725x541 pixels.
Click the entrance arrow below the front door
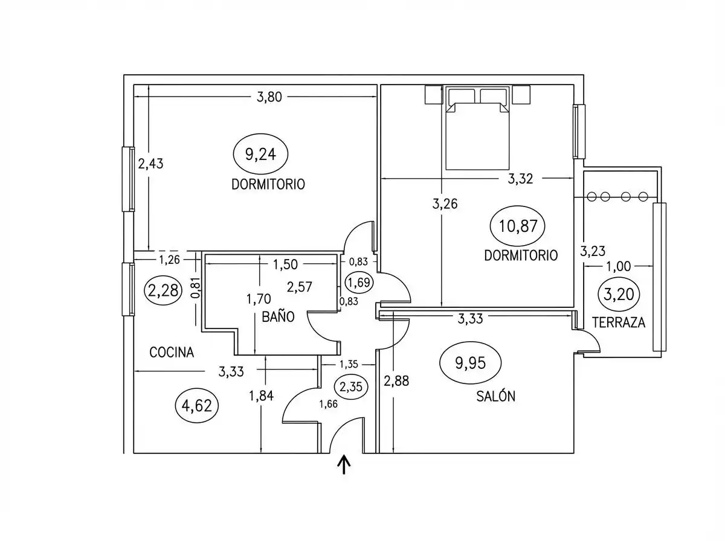tap(344, 464)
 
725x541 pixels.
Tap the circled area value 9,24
tap(260, 154)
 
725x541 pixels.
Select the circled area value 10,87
tap(518, 226)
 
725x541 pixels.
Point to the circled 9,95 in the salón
tap(470, 363)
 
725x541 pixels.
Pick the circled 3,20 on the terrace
tap(619, 294)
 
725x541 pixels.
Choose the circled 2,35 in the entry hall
tap(351, 386)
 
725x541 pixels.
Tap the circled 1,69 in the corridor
tap(359, 283)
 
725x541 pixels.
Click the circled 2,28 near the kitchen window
tap(163, 290)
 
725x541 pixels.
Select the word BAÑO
tap(278, 317)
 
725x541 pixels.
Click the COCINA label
tap(172, 353)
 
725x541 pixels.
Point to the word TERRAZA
tap(618, 322)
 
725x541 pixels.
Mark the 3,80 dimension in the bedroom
tap(269, 97)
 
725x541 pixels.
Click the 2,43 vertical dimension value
tap(150, 164)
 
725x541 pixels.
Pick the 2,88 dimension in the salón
tap(396, 381)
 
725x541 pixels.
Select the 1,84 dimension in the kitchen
tap(261, 395)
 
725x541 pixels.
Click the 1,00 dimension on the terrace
tap(618, 266)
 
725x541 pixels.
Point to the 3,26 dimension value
tap(445, 204)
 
